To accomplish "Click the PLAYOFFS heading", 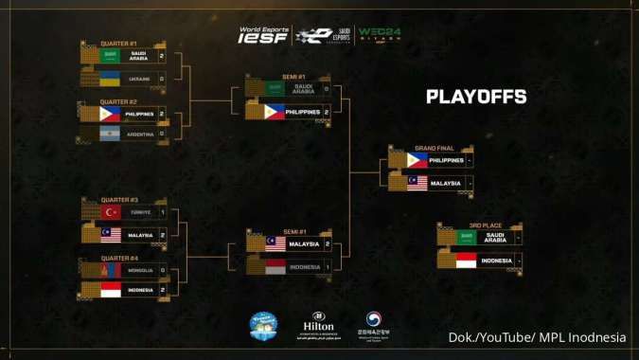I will [x=476, y=97].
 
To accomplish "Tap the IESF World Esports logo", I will [x=263, y=35].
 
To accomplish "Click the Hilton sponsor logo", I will [x=318, y=325].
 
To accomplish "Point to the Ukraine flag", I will [x=110, y=78].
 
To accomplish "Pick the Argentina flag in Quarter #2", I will [x=110, y=135].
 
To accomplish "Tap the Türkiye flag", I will [x=110, y=212].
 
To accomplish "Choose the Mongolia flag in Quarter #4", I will [x=110, y=270].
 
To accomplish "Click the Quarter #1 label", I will [x=118, y=44].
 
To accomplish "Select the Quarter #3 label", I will [x=118, y=200].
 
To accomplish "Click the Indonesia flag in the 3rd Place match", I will [x=466, y=261].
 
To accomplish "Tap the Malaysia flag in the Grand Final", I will [x=417, y=183].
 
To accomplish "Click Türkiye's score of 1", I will [x=162, y=212].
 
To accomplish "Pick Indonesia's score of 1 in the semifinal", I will [x=327, y=267].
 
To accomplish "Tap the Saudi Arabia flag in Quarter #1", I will [x=110, y=56].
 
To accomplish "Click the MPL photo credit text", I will [x=537, y=338].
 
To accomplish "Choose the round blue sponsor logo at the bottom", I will [x=262, y=326].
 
